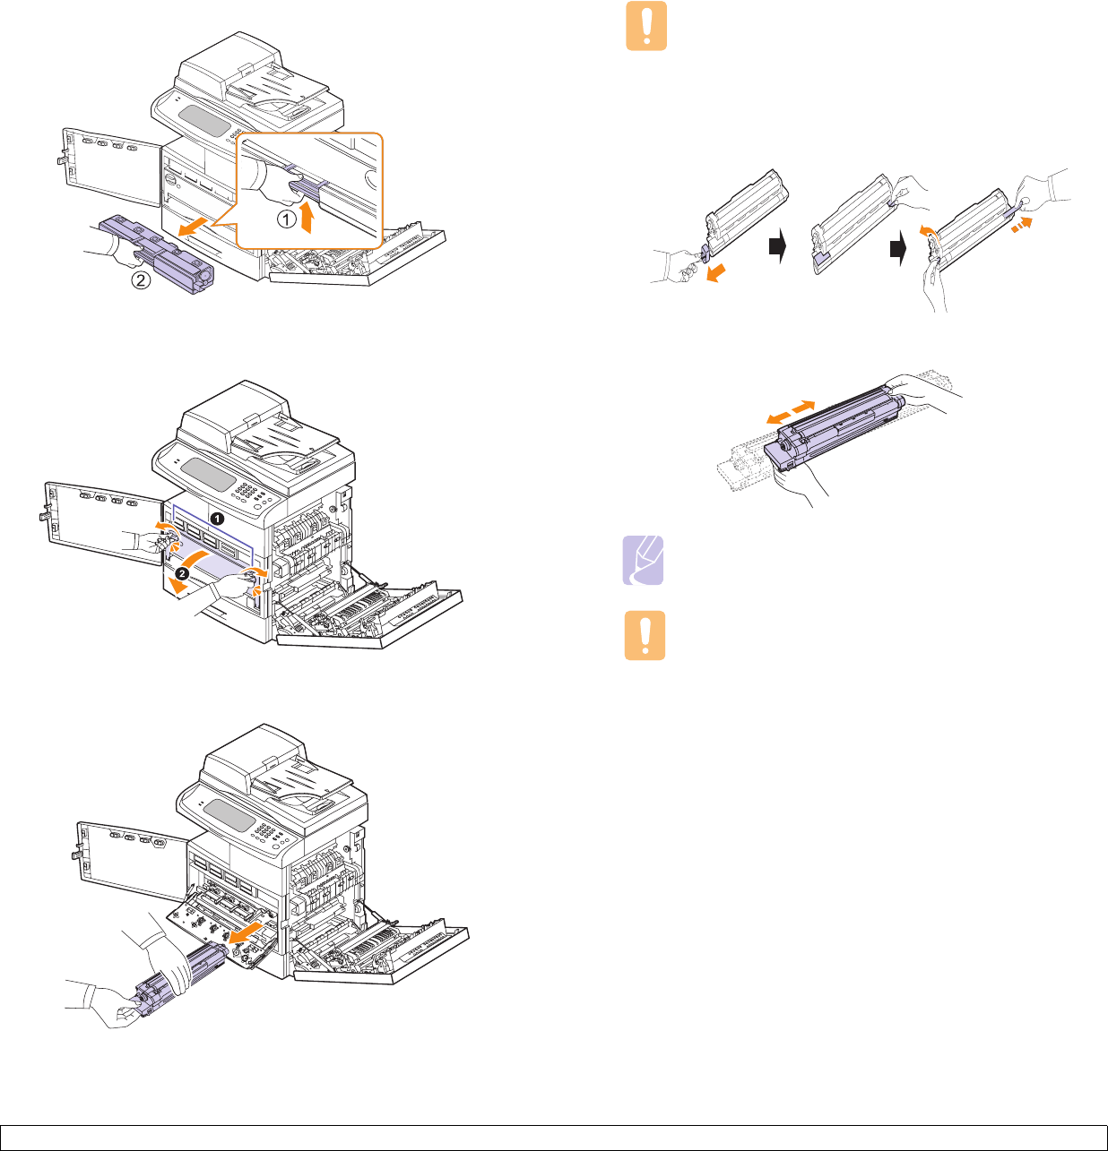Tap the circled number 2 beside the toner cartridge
coord(142,280)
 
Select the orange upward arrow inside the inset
coord(307,217)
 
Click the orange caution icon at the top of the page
coord(646,26)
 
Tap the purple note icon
coord(644,560)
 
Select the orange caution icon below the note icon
coord(645,636)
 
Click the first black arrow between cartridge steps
coord(778,245)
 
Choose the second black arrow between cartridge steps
coord(896,250)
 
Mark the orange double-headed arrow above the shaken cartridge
coord(791,413)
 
